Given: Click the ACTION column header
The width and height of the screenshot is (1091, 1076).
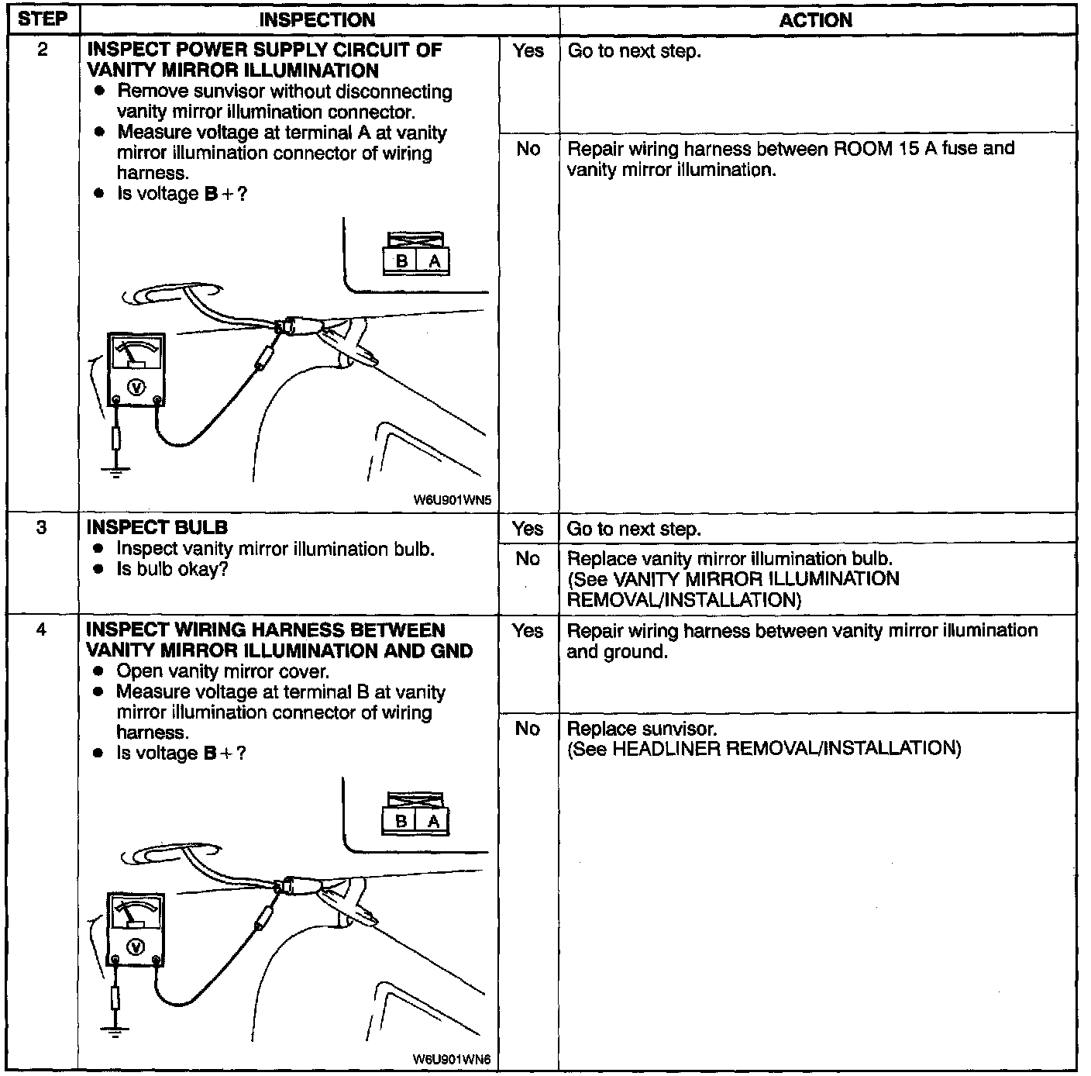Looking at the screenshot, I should click(816, 21).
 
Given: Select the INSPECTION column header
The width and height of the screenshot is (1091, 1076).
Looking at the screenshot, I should click(317, 20).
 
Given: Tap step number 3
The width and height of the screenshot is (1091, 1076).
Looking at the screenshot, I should click(42, 528).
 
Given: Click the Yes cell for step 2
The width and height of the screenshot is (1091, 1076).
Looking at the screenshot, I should click(528, 51).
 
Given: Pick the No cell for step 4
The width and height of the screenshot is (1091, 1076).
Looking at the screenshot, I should click(528, 729).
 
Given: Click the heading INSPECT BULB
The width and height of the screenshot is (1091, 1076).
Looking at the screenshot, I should click(157, 528).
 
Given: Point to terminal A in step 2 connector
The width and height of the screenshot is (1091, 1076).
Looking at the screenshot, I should click(434, 262).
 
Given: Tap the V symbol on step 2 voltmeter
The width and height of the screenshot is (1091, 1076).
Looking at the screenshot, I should click(136, 385).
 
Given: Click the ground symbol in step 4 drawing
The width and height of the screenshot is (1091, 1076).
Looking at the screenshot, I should click(115, 1030).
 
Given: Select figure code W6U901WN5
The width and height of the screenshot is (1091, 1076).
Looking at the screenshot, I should click(453, 500).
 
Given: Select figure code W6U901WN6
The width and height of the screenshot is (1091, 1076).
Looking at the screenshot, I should click(453, 1059).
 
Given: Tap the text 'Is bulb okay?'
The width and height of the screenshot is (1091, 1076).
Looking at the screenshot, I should click(172, 569).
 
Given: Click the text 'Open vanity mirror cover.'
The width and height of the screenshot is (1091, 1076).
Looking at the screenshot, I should click(222, 671).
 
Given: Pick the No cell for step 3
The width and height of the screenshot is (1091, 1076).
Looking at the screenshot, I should click(528, 559).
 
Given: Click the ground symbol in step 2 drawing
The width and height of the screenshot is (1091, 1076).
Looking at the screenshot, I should click(115, 471).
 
